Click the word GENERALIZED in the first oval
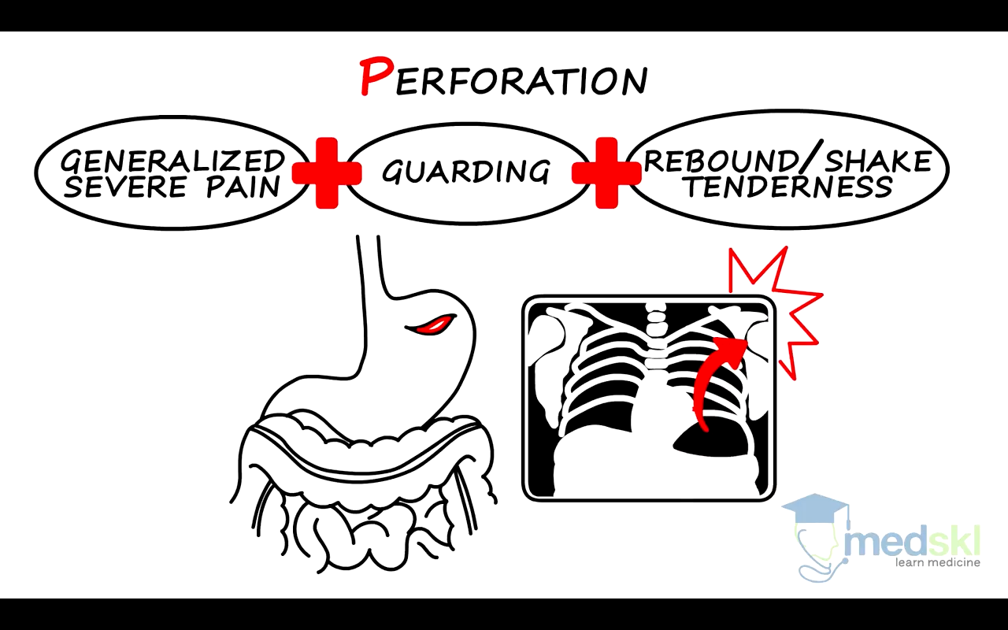(x=172, y=161)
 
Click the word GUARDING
(x=466, y=171)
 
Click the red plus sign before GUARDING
(x=326, y=172)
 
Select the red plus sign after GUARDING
(x=606, y=172)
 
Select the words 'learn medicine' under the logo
(x=937, y=562)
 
